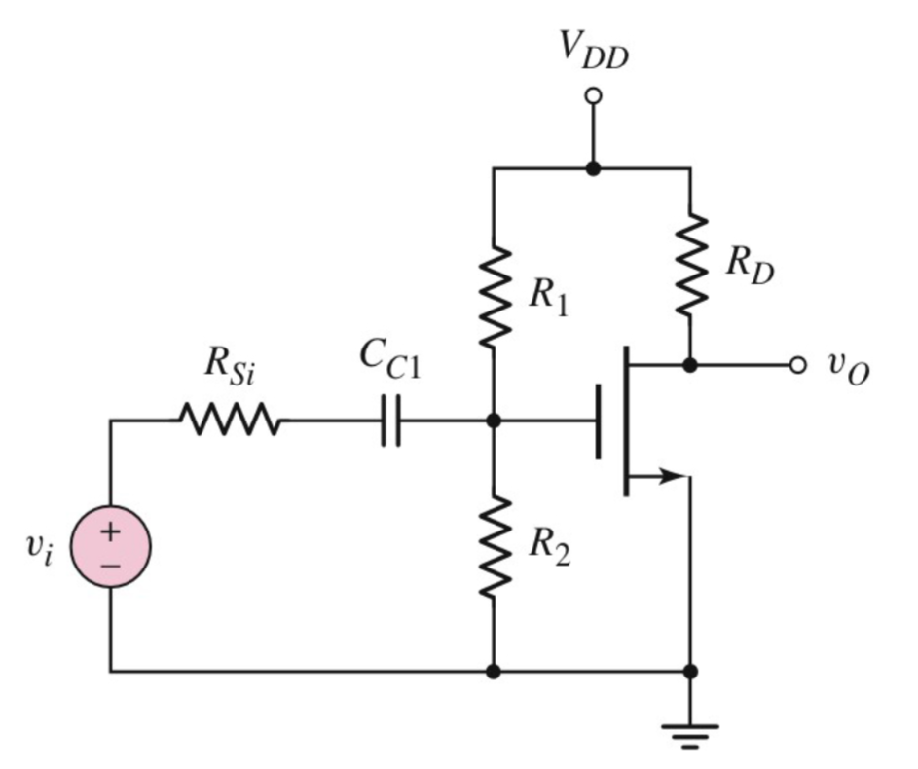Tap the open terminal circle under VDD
(x=593, y=96)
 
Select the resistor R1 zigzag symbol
(x=495, y=296)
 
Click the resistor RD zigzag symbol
(x=690, y=264)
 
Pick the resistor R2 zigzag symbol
(x=495, y=545)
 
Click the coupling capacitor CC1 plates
(x=390, y=421)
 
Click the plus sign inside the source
(x=110, y=532)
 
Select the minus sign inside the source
(x=110, y=565)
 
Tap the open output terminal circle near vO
(x=797, y=365)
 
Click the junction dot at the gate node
(x=495, y=421)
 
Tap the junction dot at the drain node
(x=690, y=365)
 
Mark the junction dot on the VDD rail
(x=593, y=168)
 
